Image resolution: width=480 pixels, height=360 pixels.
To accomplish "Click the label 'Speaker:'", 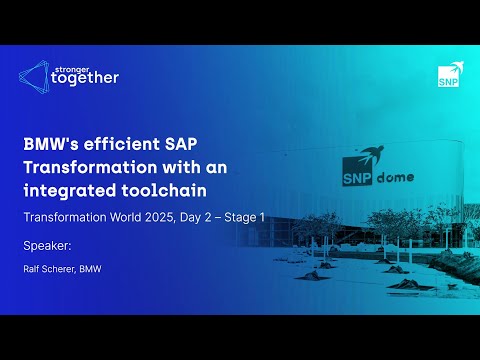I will click(x=45, y=244).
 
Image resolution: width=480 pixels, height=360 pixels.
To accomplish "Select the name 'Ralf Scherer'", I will click(x=50, y=268).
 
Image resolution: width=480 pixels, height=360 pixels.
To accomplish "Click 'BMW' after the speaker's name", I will click(x=92, y=268).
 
